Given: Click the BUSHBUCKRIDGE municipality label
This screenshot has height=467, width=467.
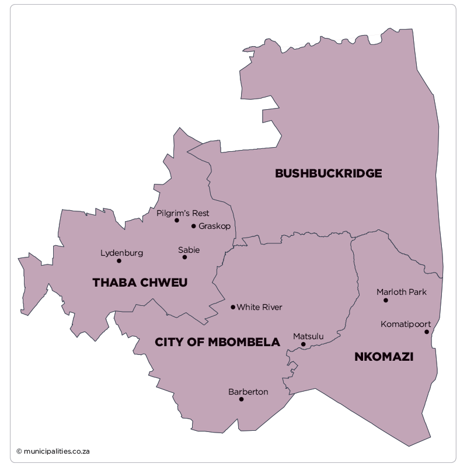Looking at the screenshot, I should click(x=328, y=173).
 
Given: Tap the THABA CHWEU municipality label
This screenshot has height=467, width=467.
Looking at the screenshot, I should click(x=140, y=283).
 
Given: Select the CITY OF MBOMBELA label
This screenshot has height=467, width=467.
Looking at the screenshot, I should click(x=217, y=342).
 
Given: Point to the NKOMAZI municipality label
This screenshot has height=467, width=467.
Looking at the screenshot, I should click(x=384, y=357).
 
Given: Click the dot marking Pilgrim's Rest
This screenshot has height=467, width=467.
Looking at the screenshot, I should click(x=176, y=221).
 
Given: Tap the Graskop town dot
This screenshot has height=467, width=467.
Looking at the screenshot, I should click(x=194, y=226).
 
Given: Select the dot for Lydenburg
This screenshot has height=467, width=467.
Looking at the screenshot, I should click(x=119, y=260).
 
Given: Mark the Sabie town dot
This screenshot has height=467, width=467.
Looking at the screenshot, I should click(x=184, y=257).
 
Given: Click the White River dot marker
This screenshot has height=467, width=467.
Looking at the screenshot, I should click(x=233, y=307).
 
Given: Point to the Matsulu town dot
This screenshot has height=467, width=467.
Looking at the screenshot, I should click(x=303, y=344).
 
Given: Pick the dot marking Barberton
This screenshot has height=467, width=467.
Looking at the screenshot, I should click(x=241, y=399).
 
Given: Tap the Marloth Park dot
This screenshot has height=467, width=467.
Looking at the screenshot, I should click(x=386, y=300).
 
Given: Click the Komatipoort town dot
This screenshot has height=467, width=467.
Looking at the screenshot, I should click(x=427, y=332).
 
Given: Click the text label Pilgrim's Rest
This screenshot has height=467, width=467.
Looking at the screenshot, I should click(x=183, y=213).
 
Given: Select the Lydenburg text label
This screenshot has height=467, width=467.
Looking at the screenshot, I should click(x=121, y=253).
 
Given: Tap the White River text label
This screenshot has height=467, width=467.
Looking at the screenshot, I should click(x=259, y=307).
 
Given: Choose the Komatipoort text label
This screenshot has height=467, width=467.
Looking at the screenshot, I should click(x=406, y=324).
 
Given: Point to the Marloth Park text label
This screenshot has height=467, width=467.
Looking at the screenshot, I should click(x=402, y=292).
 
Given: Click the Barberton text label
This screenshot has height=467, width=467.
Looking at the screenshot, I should click(x=248, y=392).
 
